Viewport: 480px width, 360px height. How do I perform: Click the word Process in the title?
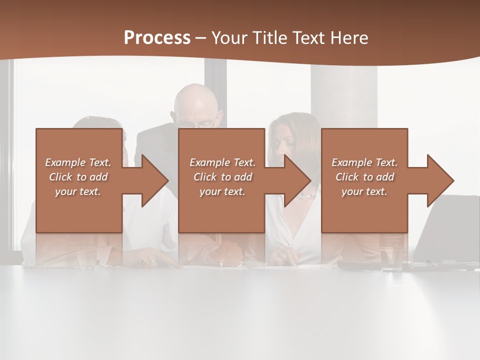pyautogui.click(x=157, y=38)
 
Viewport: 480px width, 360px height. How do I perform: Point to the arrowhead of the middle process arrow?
pyautogui.click(x=296, y=180)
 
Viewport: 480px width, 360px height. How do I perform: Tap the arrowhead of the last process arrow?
pyautogui.click(x=439, y=180)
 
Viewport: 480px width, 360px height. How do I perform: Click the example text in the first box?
pyautogui.click(x=78, y=177)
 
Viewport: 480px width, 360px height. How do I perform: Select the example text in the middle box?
pyautogui.click(x=222, y=177)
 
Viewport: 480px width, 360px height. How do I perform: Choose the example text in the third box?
pyautogui.click(x=364, y=177)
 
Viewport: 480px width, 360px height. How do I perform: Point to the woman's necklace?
pyautogui.click(x=306, y=195)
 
